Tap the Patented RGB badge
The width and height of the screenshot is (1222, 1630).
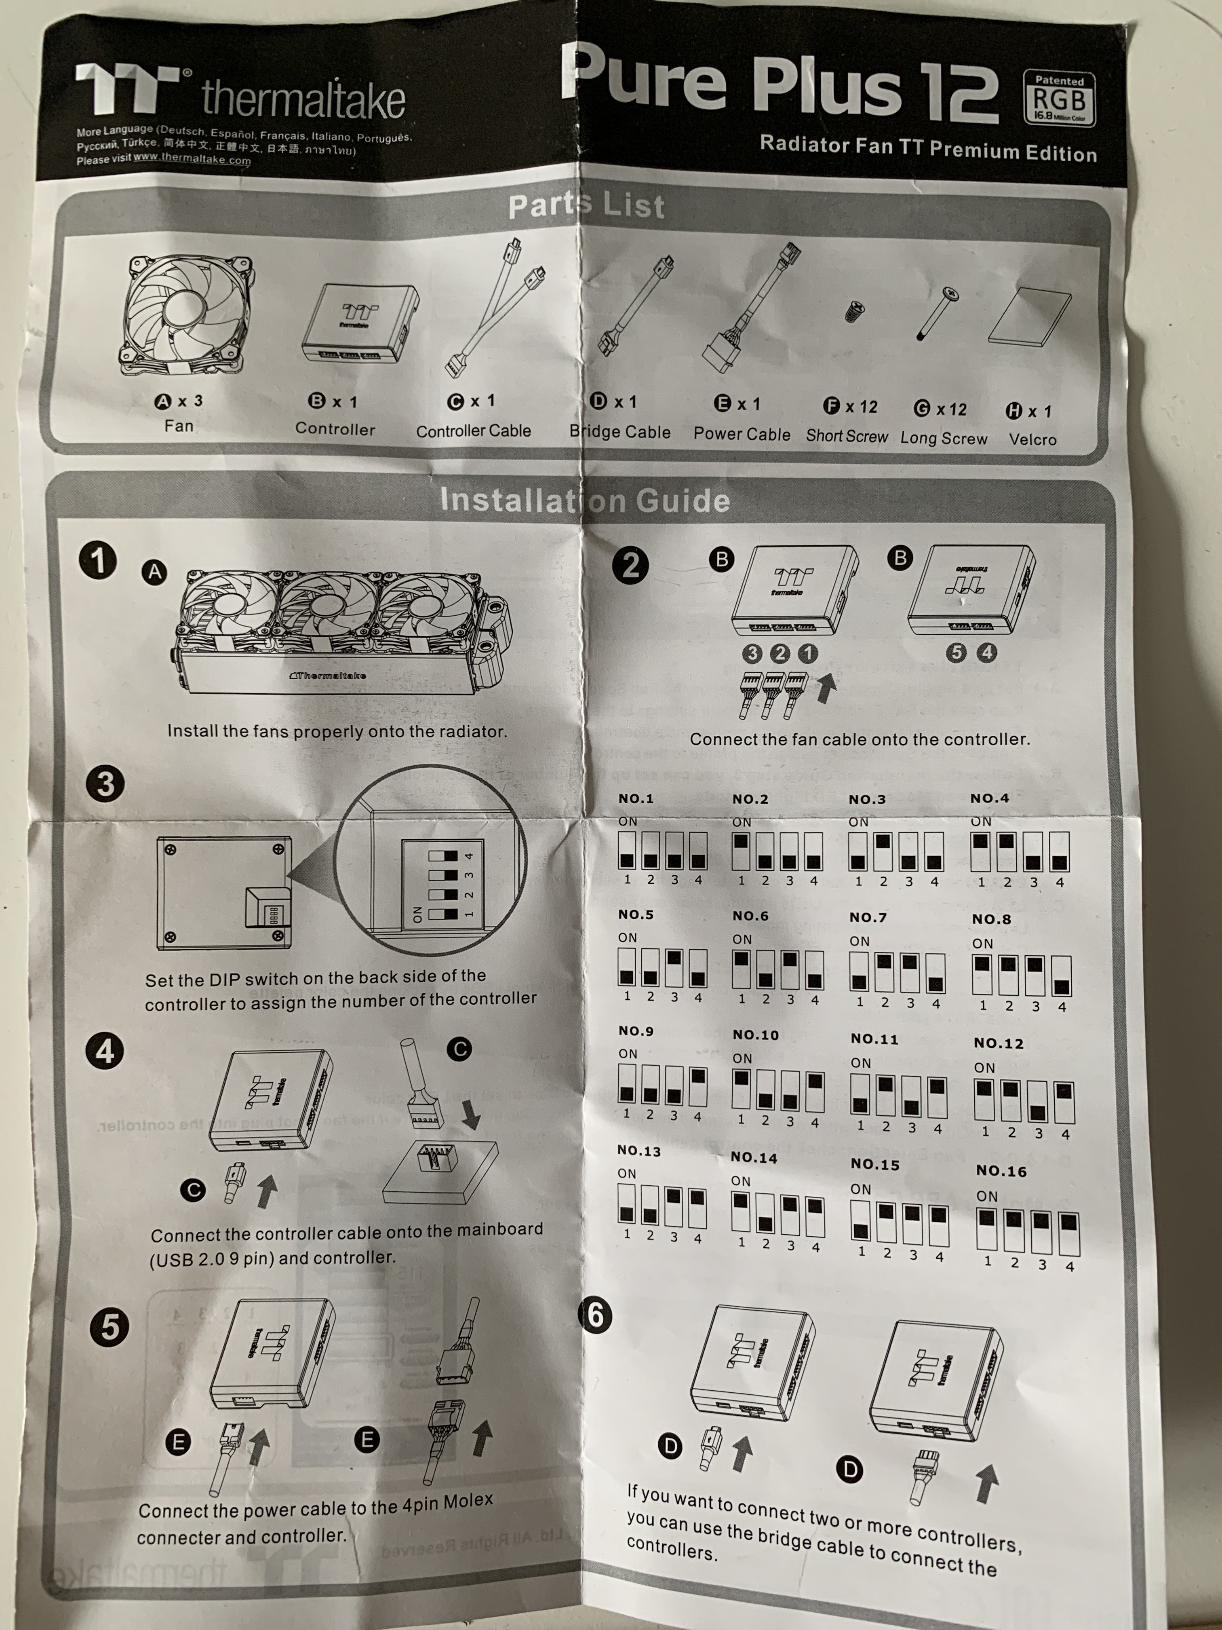(1058, 99)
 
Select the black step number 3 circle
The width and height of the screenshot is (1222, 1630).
(105, 783)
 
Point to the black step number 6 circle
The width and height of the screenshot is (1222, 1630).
(596, 1315)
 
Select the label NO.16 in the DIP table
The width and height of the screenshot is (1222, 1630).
(1001, 1171)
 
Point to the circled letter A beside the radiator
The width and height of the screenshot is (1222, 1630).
(154, 572)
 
